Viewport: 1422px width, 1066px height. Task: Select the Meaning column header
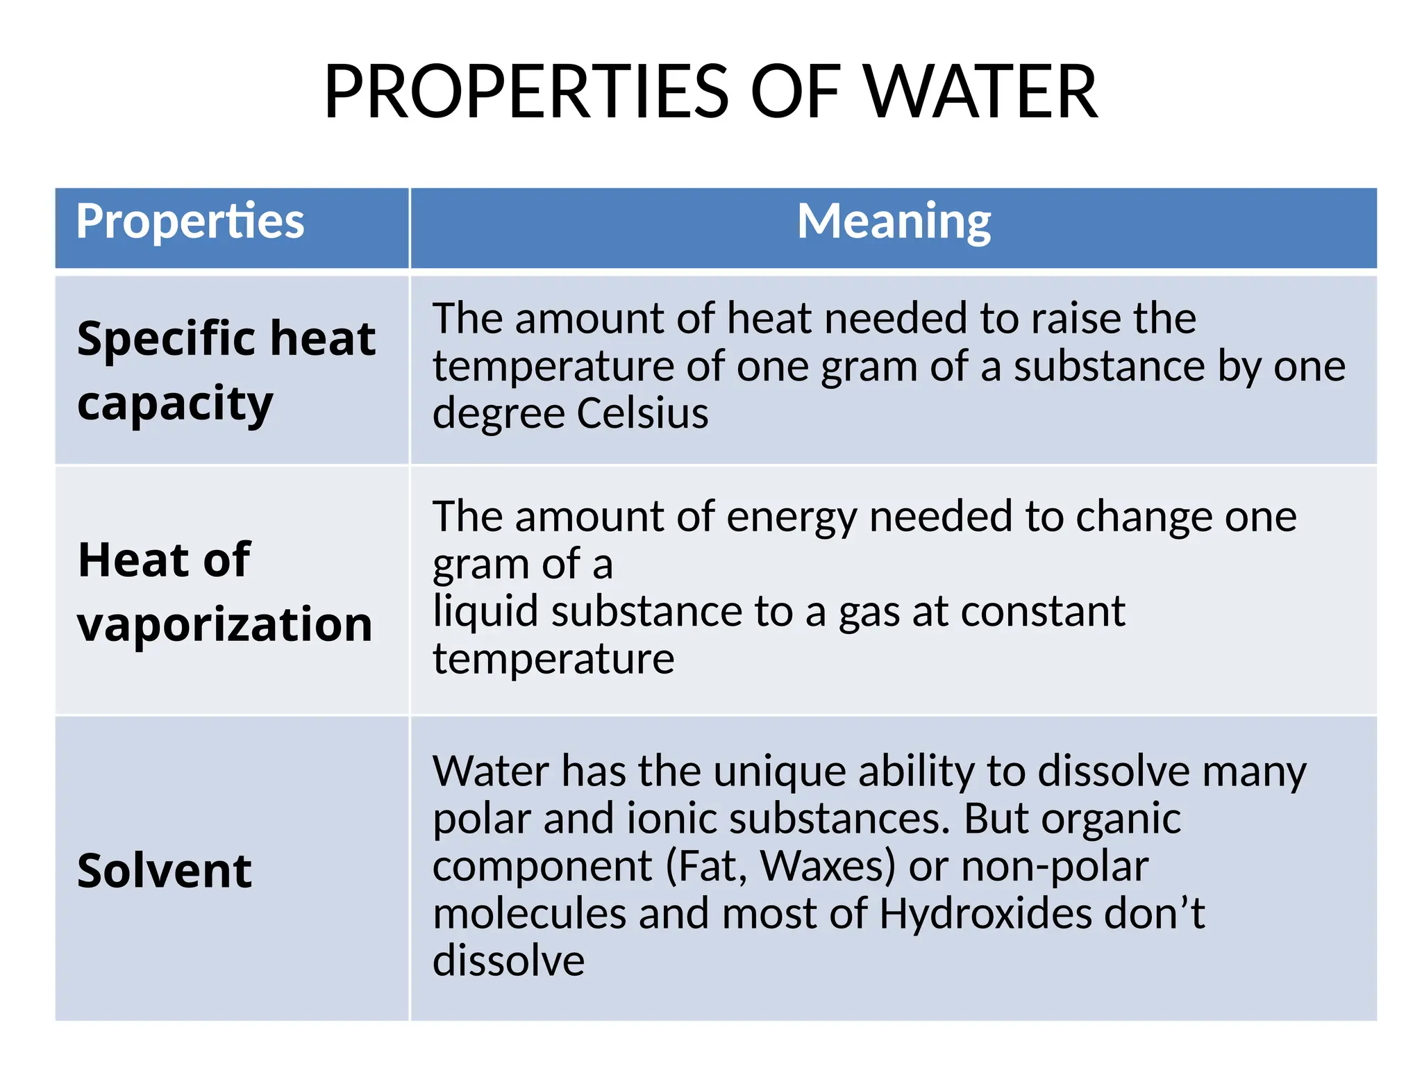click(x=894, y=222)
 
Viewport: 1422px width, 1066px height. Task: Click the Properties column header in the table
click(x=190, y=222)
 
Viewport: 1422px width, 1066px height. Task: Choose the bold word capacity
click(x=175, y=403)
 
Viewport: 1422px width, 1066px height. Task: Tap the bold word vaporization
click(x=224, y=624)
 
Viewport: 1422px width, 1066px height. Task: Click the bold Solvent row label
click(x=165, y=871)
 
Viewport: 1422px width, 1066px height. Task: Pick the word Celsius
click(x=642, y=413)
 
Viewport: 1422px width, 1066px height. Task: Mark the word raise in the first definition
click(x=1076, y=319)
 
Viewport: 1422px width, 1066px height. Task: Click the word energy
click(x=792, y=517)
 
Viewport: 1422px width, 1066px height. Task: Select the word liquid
click(x=485, y=612)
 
